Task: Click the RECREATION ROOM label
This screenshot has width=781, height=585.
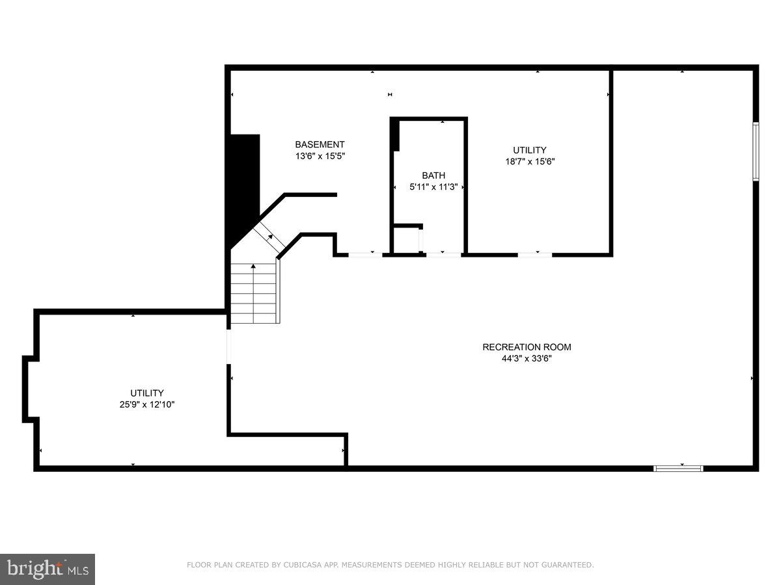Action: (x=527, y=347)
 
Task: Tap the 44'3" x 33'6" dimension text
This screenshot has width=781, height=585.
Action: (x=527, y=358)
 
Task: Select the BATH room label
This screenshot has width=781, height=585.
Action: (x=433, y=175)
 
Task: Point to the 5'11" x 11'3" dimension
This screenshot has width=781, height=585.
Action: (x=433, y=187)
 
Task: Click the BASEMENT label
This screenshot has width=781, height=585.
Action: (x=320, y=144)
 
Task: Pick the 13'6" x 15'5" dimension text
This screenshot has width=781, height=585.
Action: (x=320, y=156)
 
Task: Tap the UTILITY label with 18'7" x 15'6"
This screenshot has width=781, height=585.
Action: (x=529, y=150)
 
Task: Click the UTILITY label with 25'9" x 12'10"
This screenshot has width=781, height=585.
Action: (x=146, y=393)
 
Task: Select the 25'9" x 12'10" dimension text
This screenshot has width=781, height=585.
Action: (x=146, y=404)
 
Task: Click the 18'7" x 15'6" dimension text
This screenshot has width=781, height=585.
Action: (x=529, y=161)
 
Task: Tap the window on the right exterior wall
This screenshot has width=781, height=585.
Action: (x=756, y=151)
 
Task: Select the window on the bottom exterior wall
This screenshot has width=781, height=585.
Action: (x=678, y=467)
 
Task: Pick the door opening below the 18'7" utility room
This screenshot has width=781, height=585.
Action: (x=535, y=253)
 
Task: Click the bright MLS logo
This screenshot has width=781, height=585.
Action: (x=48, y=569)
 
